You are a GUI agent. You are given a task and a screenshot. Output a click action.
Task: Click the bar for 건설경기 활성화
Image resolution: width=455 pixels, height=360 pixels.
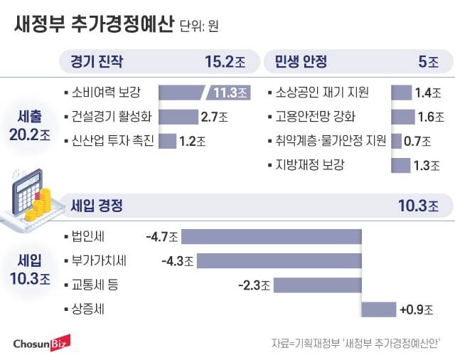(177, 116)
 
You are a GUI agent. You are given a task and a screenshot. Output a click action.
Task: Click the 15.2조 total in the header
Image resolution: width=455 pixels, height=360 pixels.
(225, 61)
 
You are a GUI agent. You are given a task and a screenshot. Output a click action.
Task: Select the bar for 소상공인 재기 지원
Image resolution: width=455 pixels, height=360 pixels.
(401, 92)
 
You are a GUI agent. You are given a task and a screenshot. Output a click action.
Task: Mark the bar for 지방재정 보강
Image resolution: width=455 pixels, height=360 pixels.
(400, 165)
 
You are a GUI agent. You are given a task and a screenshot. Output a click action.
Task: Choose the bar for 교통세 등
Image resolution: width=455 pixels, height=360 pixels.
(317, 285)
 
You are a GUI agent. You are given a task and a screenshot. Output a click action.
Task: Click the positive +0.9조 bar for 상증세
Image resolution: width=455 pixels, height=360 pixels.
(378, 309)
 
